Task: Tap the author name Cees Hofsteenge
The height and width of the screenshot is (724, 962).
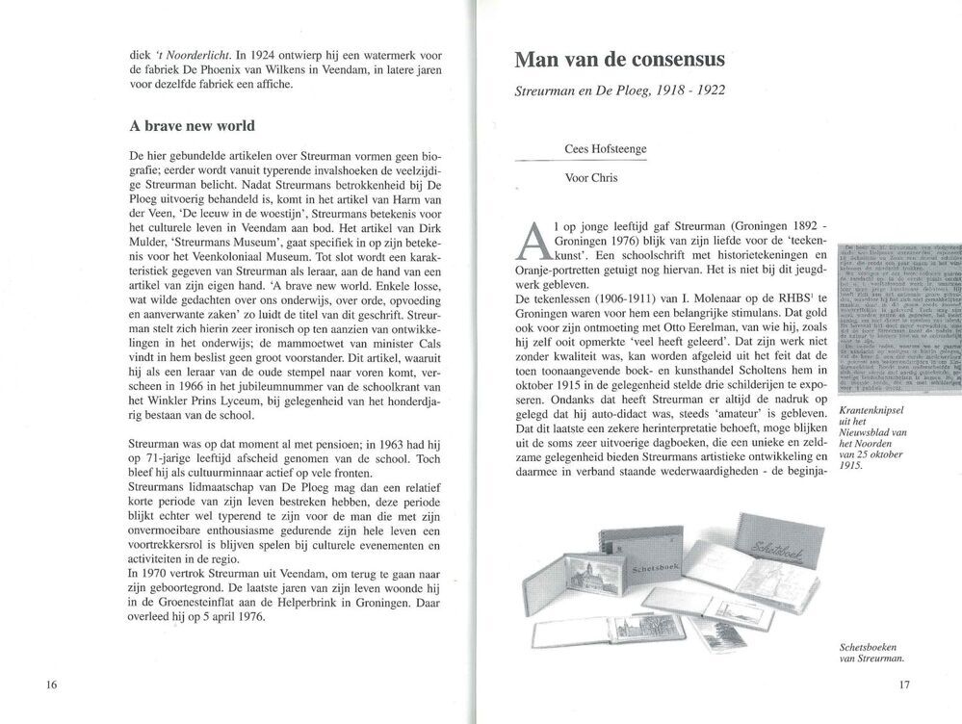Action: [x=612, y=149]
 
